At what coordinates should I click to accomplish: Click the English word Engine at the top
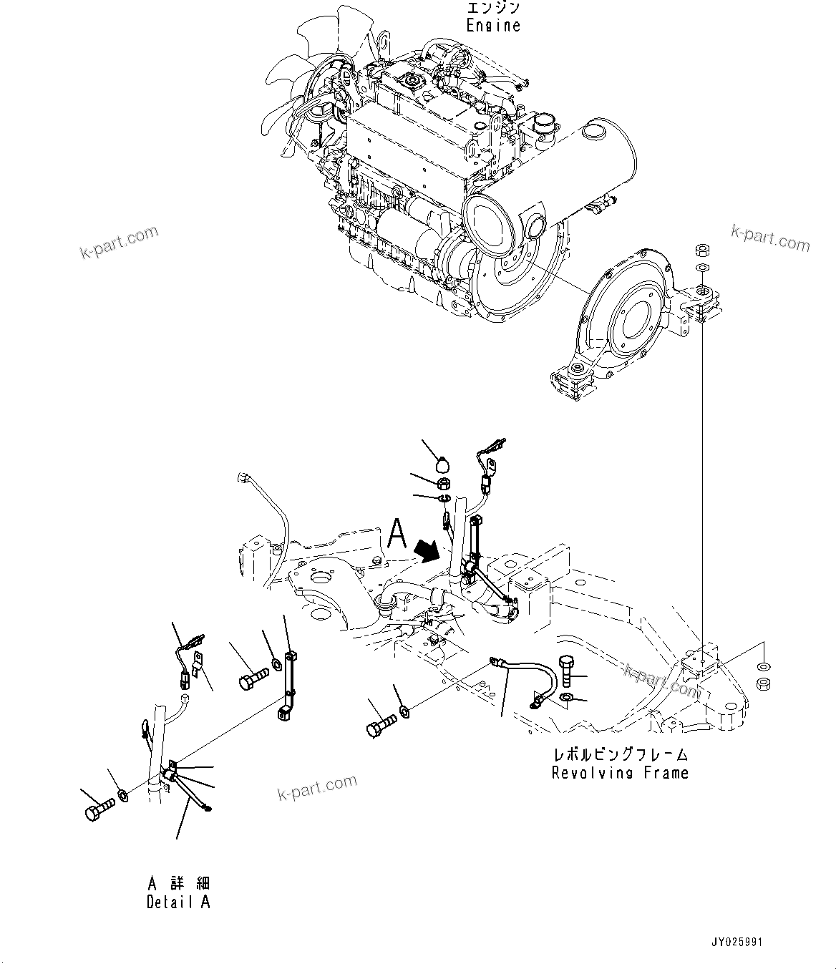[x=493, y=25]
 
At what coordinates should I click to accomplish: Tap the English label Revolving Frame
[x=620, y=773]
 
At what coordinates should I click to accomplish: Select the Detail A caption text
[x=178, y=902]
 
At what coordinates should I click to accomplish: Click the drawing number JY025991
[x=737, y=942]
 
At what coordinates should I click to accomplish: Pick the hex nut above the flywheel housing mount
[x=703, y=250]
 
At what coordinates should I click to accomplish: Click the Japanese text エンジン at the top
[x=493, y=8]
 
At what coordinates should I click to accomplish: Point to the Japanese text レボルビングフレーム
[x=620, y=754]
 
